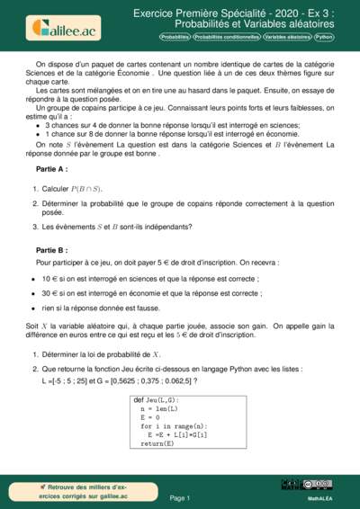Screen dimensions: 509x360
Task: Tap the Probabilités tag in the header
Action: tap(174, 38)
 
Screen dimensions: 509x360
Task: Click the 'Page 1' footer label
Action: tap(180, 497)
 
